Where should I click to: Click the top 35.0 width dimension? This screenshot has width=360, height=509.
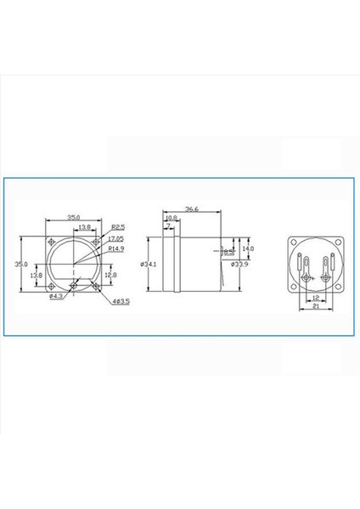tap(74, 217)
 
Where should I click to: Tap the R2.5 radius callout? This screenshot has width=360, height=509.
tap(117, 227)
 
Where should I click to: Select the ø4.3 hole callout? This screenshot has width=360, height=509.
tap(55, 297)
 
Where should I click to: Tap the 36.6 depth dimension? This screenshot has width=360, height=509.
tap(191, 210)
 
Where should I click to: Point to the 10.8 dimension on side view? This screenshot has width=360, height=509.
tap(171, 218)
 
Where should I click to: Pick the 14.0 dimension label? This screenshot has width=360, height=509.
tap(249, 249)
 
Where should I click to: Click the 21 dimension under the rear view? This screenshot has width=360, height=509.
tap(316, 308)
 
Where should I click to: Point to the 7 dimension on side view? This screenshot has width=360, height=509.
tap(168, 226)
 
